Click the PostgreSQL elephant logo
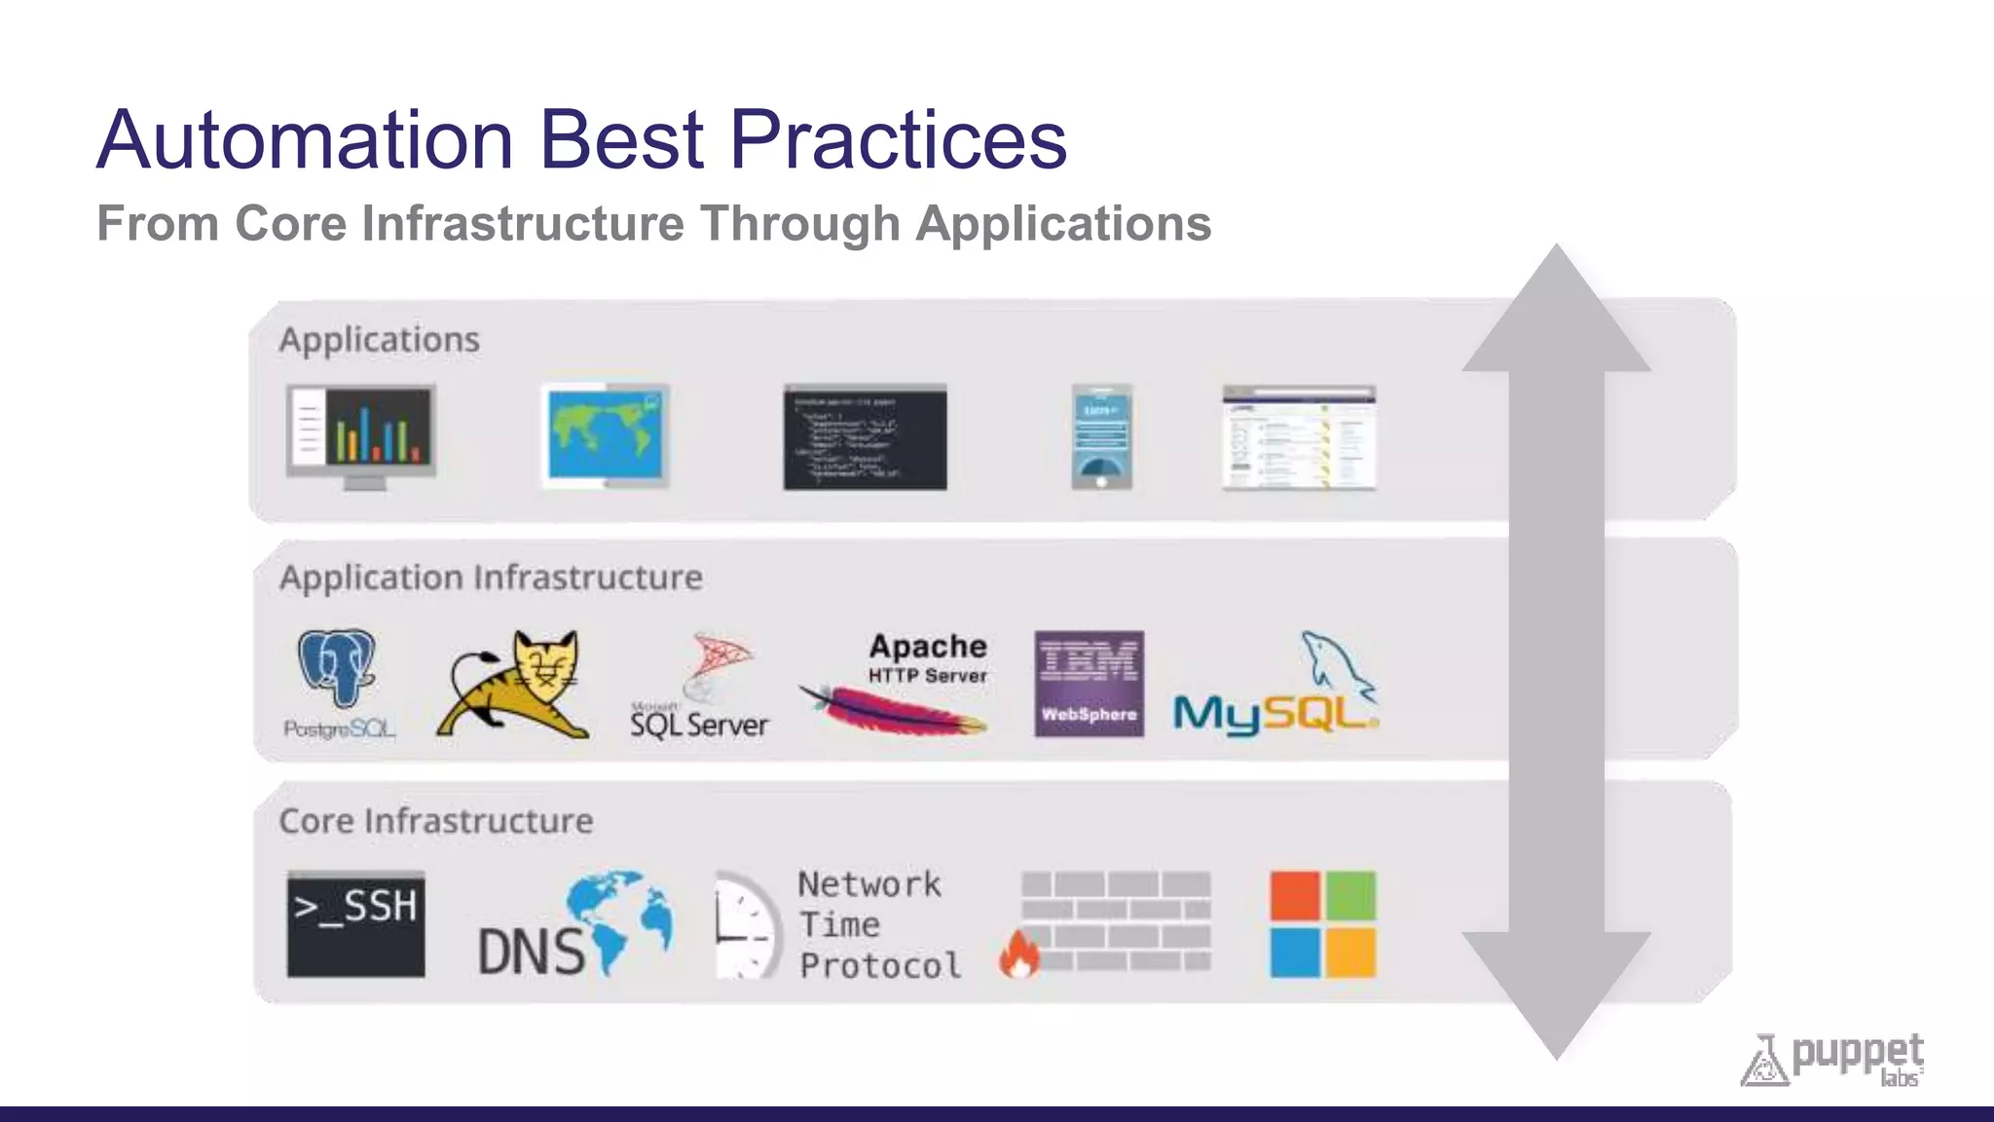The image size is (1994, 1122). [x=337, y=668]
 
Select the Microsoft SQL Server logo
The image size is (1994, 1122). [x=699, y=688]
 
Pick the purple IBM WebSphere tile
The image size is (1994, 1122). [x=1089, y=684]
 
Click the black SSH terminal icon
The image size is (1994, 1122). [x=356, y=923]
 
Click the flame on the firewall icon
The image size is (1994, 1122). [x=1019, y=954]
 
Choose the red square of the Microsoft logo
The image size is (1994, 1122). [x=1295, y=895]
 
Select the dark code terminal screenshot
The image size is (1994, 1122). [x=865, y=436]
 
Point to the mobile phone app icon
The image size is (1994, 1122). [x=1101, y=436]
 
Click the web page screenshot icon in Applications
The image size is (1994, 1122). [x=1299, y=437]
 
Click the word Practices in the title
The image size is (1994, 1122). [x=898, y=139]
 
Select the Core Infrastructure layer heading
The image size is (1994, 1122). [x=436, y=821]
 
